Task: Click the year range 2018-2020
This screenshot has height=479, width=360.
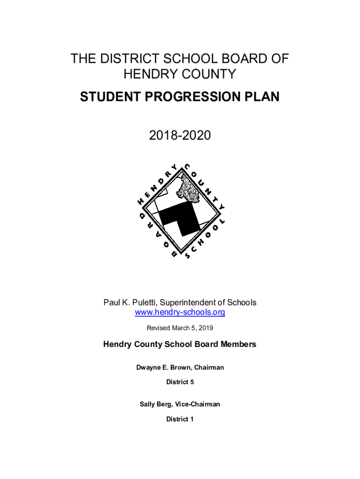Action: click(x=180, y=136)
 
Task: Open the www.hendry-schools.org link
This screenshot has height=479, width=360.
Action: click(x=180, y=312)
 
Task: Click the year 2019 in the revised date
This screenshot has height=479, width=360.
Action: click(x=206, y=328)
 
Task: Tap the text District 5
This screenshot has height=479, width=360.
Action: click(x=180, y=382)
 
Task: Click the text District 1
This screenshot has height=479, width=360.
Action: click(x=180, y=419)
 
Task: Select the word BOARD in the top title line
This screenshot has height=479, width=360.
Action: click(x=240, y=59)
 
